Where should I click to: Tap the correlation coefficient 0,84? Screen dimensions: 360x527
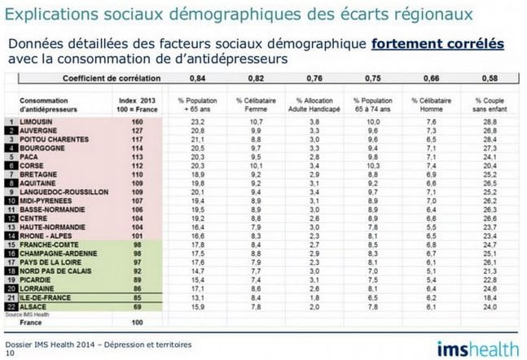tap(197, 78)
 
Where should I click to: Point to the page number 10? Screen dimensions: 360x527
tap(10, 353)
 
